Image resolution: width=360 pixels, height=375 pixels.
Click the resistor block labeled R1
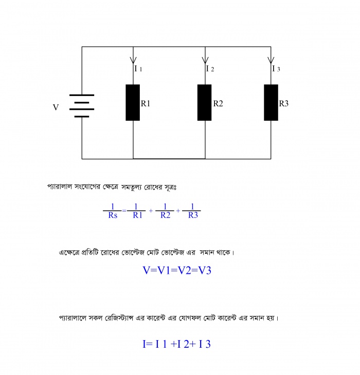point(133,103)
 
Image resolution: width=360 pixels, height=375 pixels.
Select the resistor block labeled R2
point(204,103)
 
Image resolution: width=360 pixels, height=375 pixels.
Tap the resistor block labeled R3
point(271,103)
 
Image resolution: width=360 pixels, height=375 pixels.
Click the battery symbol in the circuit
point(82,106)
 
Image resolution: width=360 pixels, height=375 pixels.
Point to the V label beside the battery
point(56,108)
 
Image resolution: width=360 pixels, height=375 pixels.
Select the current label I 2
point(210,68)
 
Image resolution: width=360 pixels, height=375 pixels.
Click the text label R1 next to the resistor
point(146,104)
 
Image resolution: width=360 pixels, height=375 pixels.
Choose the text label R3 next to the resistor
point(284,104)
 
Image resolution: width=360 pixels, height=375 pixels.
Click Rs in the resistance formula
point(113,216)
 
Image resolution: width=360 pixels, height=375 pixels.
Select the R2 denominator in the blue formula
point(165,216)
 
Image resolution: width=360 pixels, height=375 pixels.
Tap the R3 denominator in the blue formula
point(192,216)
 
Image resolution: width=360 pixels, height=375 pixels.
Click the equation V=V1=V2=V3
point(177,270)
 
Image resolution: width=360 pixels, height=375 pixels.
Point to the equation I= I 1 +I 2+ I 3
point(176,344)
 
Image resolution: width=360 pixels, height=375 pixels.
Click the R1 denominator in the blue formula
point(137,216)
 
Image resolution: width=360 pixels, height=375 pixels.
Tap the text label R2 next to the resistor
point(218,104)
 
